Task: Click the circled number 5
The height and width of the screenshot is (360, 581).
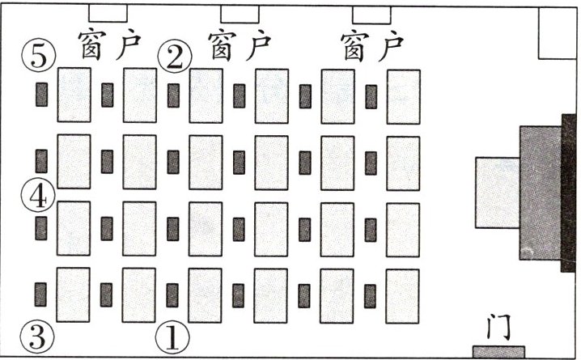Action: (x=40, y=56)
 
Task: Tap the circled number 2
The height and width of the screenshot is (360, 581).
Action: (x=174, y=56)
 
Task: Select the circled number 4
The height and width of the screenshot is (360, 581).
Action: (x=40, y=195)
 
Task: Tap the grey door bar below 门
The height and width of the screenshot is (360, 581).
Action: (x=498, y=352)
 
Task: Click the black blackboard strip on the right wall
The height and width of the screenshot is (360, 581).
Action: (x=567, y=193)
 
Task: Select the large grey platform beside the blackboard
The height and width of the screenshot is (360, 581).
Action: (x=540, y=193)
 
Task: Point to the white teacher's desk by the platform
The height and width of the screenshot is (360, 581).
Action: (x=496, y=193)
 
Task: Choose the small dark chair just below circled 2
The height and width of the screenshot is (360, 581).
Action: (x=173, y=95)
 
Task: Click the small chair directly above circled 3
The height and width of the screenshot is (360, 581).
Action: (x=40, y=294)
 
